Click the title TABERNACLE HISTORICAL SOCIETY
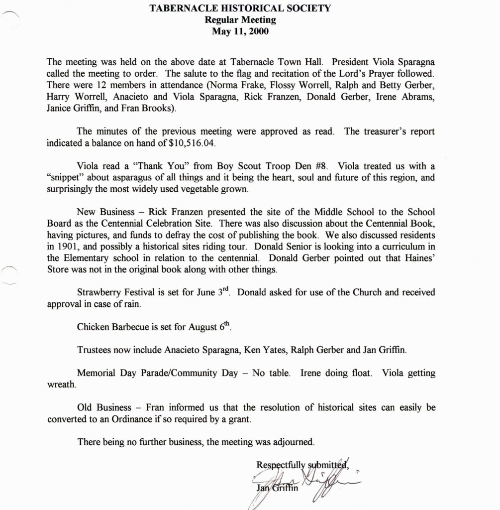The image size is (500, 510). tap(240, 8)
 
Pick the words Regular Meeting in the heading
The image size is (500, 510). tap(240, 20)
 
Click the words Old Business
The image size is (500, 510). tap(102, 407)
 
